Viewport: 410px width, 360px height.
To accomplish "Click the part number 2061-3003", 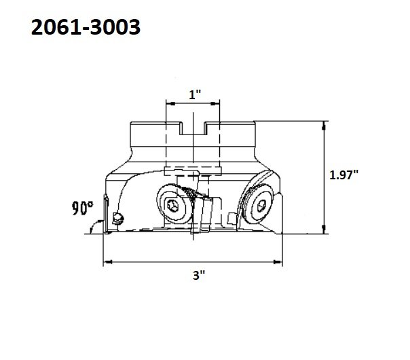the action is click(86, 27).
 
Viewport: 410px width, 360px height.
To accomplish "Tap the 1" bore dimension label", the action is click(195, 94).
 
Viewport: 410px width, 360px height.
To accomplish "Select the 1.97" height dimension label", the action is click(343, 175).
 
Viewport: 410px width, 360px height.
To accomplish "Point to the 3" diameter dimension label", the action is click(199, 276).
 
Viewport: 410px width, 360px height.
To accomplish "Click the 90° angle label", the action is click(82, 208).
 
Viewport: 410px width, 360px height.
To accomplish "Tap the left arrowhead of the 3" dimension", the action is click(108, 262).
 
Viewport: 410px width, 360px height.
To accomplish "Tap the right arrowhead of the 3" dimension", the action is click(278, 262).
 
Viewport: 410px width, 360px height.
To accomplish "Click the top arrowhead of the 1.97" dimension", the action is click(324, 126).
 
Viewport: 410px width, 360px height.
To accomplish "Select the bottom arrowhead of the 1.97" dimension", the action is click(324, 229).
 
